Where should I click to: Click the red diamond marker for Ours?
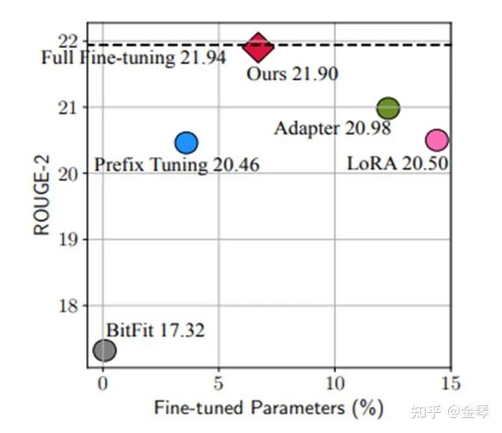click(x=258, y=47)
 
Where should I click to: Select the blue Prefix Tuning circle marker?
click(x=186, y=142)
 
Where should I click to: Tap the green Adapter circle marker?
click(x=388, y=108)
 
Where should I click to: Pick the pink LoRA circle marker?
click(x=437, y=139)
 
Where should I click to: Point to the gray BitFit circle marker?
click(x=105, y=349)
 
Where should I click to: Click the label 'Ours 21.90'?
click(x=293, y=73)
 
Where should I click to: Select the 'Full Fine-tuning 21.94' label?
click(x=133, y=58)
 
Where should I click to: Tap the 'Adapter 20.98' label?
click(x=332, y=129)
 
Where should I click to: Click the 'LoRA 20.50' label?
click(x=397, y=162)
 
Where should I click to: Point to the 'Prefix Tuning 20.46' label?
click(x=177, y=164)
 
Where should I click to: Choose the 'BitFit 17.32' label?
click(x=155, y=329)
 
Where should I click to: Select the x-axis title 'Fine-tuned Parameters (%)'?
click(x=269, y=408)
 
